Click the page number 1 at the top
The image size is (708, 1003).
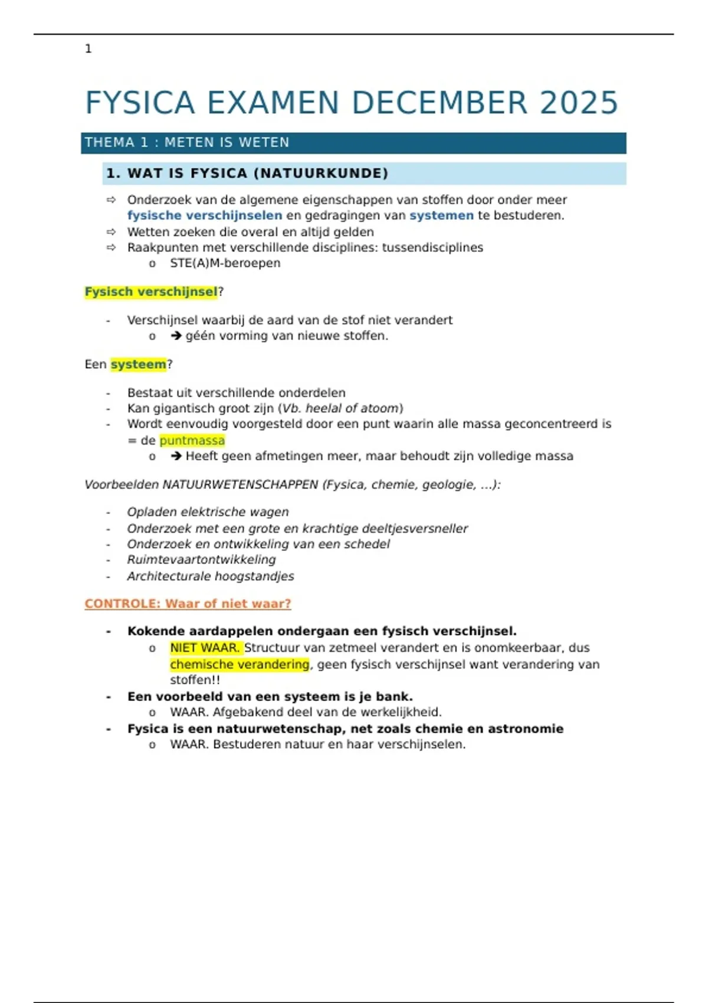[88, 49]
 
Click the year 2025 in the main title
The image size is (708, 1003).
[579, 103]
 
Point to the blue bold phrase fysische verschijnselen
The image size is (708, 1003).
[205, 215]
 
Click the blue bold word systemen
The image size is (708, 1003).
[441, 215]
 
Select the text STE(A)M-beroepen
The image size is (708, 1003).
[225, 263]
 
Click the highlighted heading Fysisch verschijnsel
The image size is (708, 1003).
[151, 292]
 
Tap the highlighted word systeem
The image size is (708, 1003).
[139, 365]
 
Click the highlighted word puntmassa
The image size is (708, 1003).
[192, 441]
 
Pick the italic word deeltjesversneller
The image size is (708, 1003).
[415, 529]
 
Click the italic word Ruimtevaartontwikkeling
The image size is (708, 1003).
[201, 559]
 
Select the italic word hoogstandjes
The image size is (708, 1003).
[261, 576]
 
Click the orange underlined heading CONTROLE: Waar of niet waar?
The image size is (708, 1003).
[188, 604]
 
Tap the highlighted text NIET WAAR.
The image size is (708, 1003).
[205, 648]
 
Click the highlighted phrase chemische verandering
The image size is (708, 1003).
[240, 664]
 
